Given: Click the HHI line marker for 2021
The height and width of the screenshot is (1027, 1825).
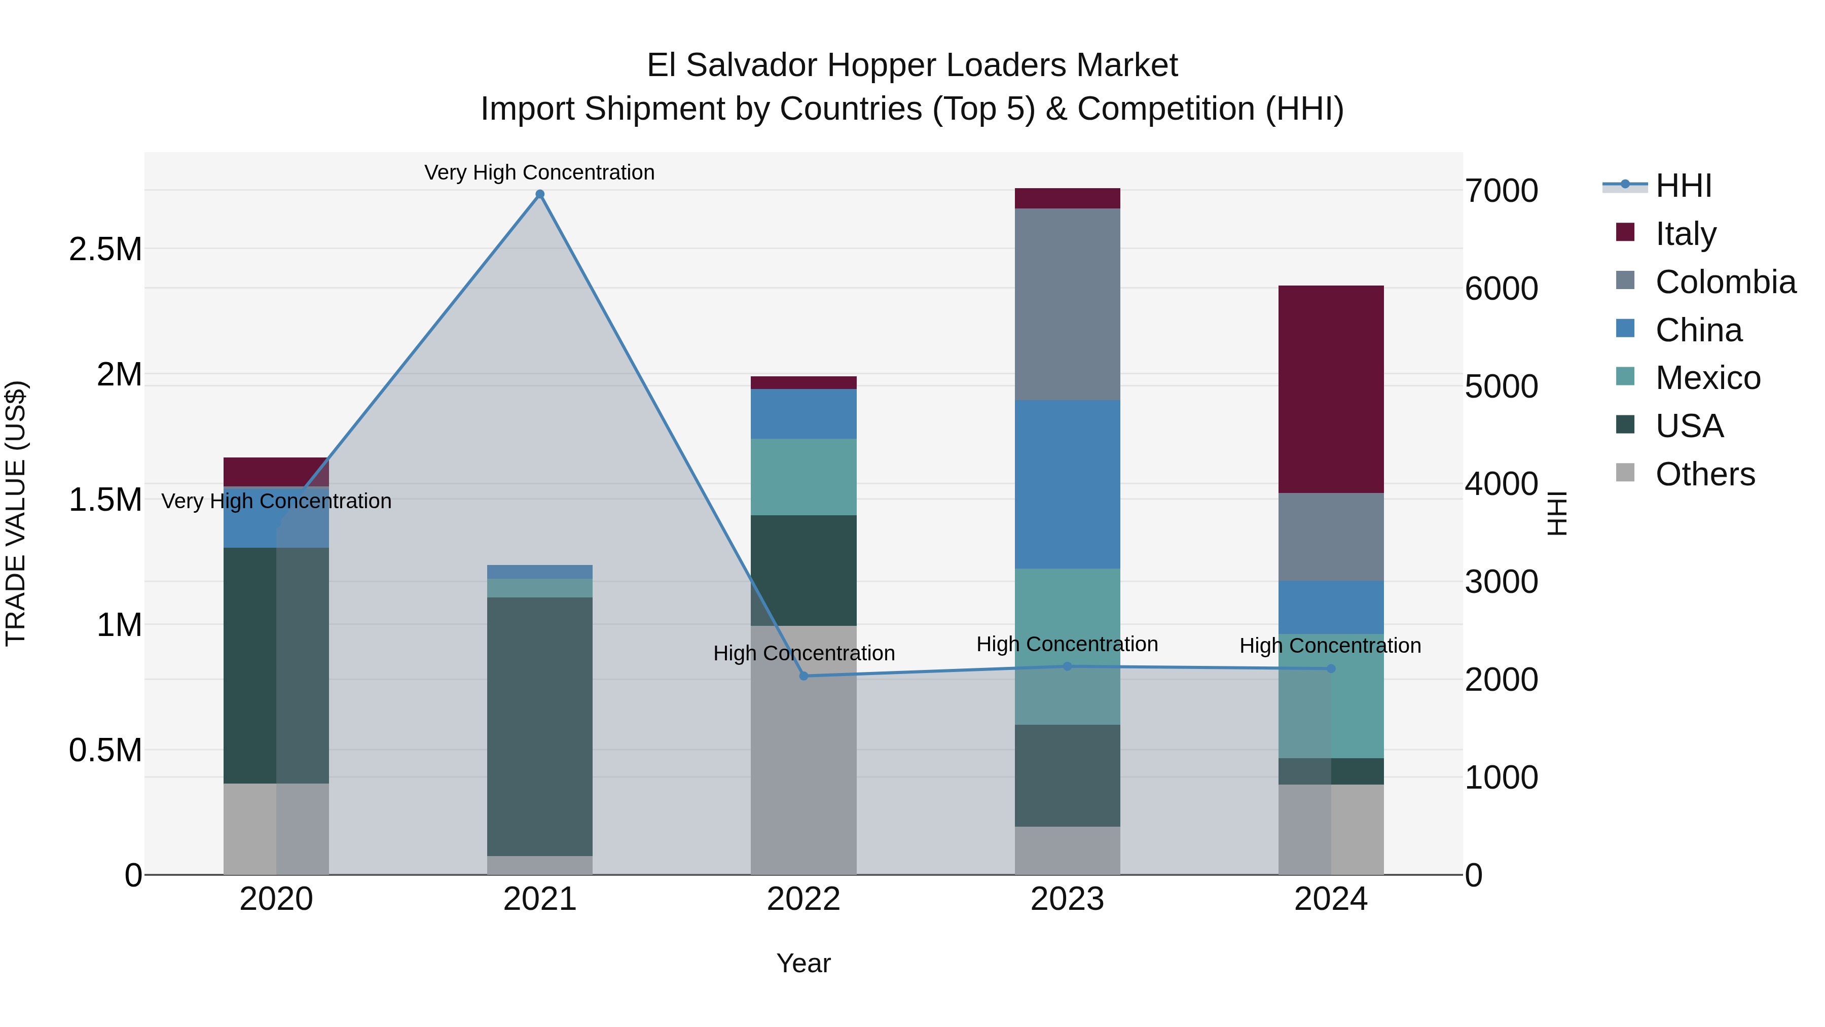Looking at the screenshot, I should pyautogui.click(x=540, y=194).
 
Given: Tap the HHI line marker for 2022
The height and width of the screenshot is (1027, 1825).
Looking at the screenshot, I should pyautogui.click(x=804, y=676).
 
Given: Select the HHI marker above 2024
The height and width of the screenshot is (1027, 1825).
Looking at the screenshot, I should pyautogui.click(x=1331, y=668).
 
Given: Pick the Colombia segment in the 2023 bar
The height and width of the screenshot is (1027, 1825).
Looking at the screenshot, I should pyautogui.click(x=1067, y=304).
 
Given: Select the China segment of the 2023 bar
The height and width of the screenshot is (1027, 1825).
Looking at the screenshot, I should pyautogui.click(x=1067, y=484).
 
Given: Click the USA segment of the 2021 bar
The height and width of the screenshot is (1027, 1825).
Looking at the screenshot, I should pyautogui.click(x=540, y=726).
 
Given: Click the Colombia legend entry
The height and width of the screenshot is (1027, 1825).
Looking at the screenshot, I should pyautogui.click(x=1725, y=282).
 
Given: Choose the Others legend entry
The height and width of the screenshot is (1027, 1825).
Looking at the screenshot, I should pyautogui.click(x=1704, y=474).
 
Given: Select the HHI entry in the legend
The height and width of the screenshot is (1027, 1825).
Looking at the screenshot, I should pyautogui.click(x=1683, y=186).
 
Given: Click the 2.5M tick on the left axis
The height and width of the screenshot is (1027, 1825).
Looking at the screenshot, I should pyautogui.click(x=105, y=250).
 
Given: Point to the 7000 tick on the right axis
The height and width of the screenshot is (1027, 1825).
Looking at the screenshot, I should pyautogui.click(x=1501, y=191).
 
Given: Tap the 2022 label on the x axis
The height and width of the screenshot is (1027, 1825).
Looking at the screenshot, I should pyautogui.click(x=804, y=899).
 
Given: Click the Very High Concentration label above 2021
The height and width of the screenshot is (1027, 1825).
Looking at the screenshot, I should pyautogui.click(x=539, y=172).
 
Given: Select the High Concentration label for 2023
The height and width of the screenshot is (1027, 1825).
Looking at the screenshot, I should pyautogui.click(x=1067, y=644).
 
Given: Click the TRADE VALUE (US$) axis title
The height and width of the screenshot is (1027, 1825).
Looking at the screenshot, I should pyautogui.click(x=16, y=513).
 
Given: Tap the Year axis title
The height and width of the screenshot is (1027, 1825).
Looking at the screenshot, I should pyautogui.click(x=804, y=963).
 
